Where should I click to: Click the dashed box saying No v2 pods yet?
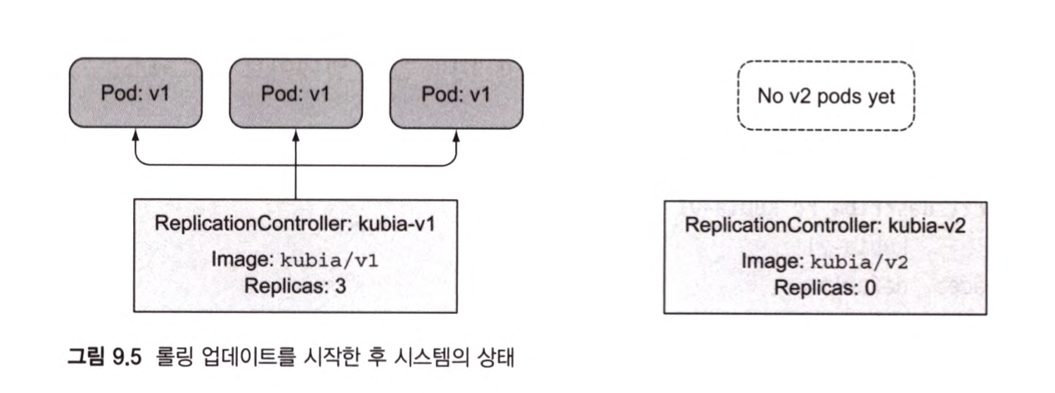click(x=827, y=96)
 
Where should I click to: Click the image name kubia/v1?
click(x=329, y=261)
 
